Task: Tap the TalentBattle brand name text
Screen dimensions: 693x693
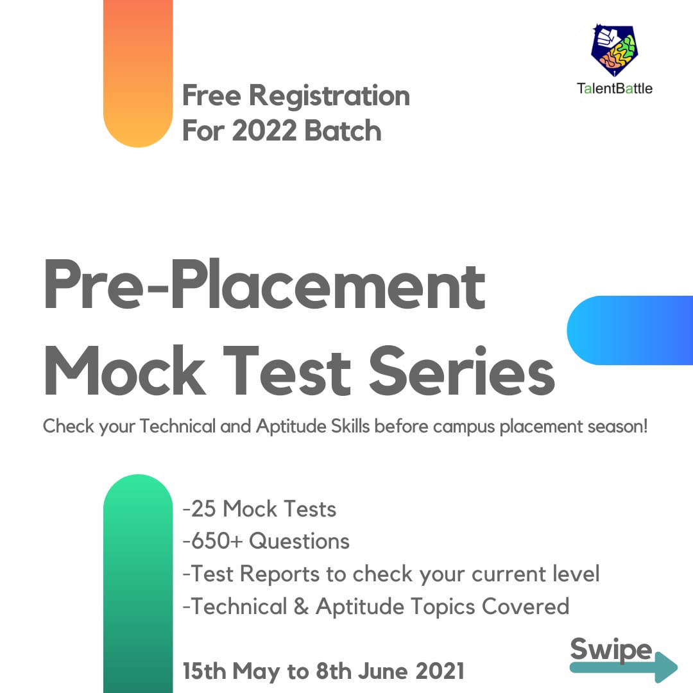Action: coord(614,89)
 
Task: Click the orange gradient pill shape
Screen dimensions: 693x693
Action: coord(138,73)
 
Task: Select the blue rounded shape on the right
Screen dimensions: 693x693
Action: coord(630,330)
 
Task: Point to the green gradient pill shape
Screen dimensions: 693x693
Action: coord(138,583)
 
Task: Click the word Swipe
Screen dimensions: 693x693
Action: coord(612,649)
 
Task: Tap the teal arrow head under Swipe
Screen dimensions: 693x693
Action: coord(666,667)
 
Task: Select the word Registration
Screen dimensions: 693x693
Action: coord(329,96)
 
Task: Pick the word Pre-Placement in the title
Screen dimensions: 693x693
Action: coord(265,284)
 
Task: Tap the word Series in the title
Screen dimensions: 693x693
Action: coord(462,370)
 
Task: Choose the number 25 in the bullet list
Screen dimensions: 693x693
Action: coord(203,509)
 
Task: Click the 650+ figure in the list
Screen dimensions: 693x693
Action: coord(217,541)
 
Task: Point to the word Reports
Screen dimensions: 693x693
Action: coord(279,574)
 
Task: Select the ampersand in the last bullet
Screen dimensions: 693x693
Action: coord(301,606)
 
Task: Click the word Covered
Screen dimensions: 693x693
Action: coord(526,606)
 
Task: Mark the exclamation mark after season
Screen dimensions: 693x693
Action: coord(646,426)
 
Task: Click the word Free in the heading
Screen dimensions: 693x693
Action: coord(212,95)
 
